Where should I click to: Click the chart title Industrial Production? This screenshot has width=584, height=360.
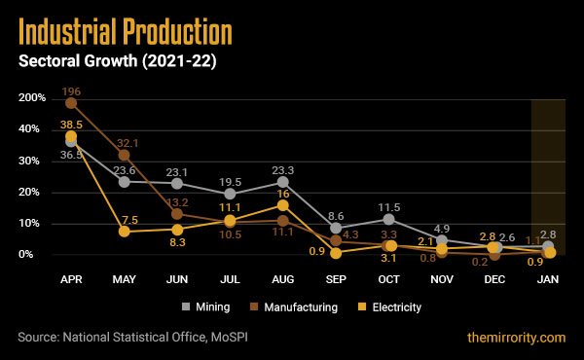[x=125, y=34]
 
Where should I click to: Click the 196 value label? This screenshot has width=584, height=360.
[x=71, y=91]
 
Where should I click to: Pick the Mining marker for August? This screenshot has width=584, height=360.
[x=283, y=182]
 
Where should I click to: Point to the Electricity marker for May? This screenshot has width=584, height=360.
[x=124, y=232]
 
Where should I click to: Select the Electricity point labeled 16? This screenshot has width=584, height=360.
[x=283, y=205]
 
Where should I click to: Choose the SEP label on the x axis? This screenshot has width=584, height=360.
[x=336, y=277]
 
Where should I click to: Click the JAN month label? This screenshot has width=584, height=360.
[x=548, y=277]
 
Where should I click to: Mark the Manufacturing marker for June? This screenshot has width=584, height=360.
[x=177, y=214]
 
